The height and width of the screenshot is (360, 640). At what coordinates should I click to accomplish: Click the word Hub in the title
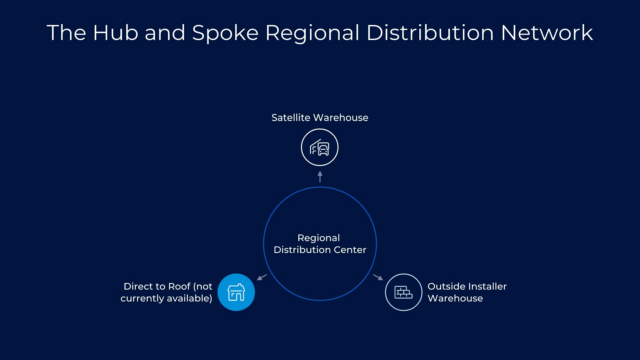pyautogui.click(x=116, y=33)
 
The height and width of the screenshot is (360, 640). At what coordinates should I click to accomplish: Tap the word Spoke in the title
pyautogui.click(x=225, y=33)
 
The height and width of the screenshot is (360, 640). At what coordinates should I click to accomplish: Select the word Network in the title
pyautogui.click(x=547, y=33)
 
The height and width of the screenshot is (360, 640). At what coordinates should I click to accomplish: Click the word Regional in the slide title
pyautogui.click(x=312, y=33)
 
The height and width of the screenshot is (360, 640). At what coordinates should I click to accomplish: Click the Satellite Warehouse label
pyautogui.click(x=320, y=118)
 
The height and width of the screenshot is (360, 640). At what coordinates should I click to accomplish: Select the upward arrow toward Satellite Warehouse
pyautogui.click(x=320, y=177)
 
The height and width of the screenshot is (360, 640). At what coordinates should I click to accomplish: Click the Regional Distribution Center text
pyautogui.click(x=320, y=244)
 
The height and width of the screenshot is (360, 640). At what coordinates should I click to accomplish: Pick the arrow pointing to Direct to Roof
pyautogui.click(x=262, y=277)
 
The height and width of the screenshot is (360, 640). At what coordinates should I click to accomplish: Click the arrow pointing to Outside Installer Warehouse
pyautogui.click(x=378, y=277)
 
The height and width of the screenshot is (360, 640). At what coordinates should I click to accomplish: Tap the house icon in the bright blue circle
pyautogui.click(x=236, y=292)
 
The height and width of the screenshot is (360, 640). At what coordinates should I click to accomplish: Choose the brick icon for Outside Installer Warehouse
pyautogui.click(x=403, y=292)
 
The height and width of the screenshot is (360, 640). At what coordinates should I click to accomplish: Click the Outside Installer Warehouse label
pyautogui.click(x=467, y=292)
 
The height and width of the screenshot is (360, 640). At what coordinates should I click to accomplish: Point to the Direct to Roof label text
pyautogui.click(x=166, y=292)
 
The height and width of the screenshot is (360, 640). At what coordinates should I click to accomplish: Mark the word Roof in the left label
pyautogui.click(x=179, y=286)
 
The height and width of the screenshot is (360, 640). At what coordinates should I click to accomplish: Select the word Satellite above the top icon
pyautogui.click(x=291, y=118)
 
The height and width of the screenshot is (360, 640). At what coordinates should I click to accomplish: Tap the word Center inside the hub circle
pyautogui.click(x=350, y=250)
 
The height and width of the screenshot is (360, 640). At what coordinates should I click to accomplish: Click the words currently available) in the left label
pyautogui.click(x=166, y=298)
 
